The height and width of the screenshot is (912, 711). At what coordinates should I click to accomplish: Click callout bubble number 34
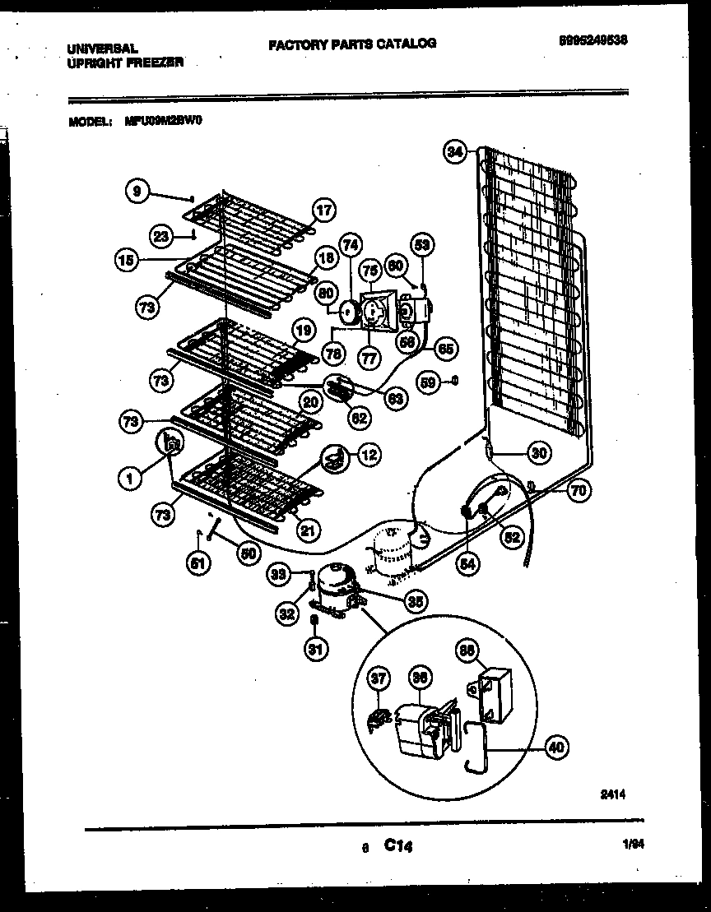click(455, 150)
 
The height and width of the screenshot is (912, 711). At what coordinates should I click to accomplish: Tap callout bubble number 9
click(137, 191)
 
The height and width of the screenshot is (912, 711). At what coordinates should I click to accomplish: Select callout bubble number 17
click(324, 211)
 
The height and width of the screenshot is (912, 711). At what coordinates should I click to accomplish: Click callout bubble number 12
click(369, 453)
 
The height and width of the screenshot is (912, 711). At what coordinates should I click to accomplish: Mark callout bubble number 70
click(578, 492)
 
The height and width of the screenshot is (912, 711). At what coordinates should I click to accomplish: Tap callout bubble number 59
click(428, 381)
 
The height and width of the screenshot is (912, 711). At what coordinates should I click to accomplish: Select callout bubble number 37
click(378, 678)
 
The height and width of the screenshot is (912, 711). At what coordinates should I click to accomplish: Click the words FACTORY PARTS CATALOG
click(352, 44)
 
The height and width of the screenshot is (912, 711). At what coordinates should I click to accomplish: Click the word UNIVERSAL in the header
click(102, 49)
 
